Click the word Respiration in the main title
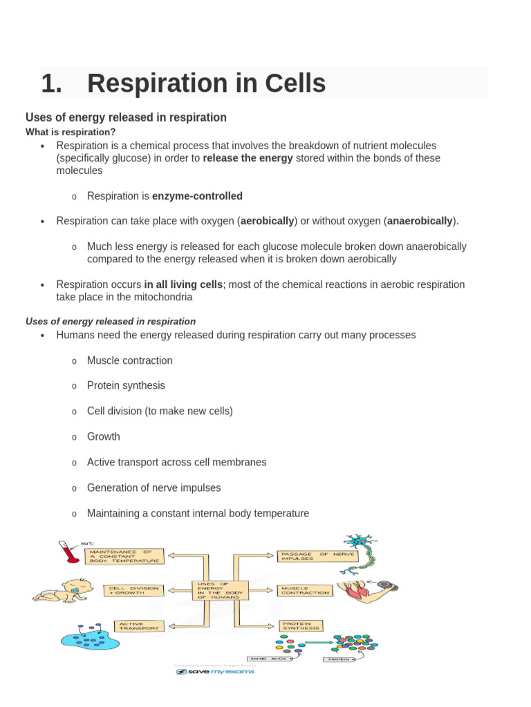coord(160,84)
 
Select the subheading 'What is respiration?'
coord(71,132)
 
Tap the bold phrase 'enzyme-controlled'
coord(197,196)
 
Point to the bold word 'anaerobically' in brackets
coord(420,221)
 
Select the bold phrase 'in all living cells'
coord(183,284)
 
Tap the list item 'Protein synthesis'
coord(126,385)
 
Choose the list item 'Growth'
coord(103,436)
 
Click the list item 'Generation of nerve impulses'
coord(153,487)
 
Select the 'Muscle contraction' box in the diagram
coord(305,590)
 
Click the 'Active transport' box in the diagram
coord(139,626)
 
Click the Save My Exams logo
coord(215,671)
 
